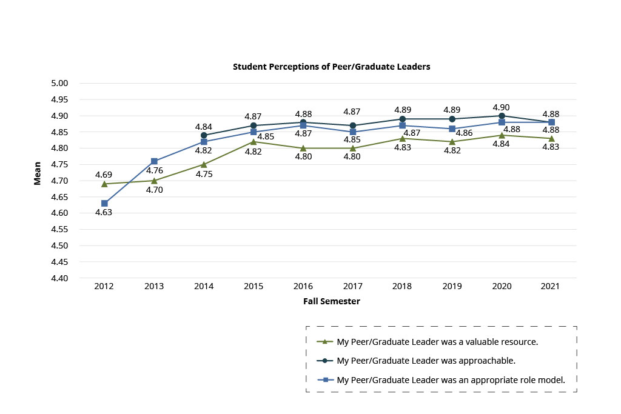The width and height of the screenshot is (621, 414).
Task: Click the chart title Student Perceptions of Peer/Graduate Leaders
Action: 331,67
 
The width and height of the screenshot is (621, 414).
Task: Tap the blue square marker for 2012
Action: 104,203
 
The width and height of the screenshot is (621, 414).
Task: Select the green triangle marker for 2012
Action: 104,184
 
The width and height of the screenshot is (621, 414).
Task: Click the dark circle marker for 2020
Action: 502,116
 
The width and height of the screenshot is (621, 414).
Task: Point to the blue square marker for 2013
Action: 154,161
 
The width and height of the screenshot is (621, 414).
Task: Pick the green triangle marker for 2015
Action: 253,142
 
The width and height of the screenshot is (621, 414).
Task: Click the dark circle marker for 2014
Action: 204,135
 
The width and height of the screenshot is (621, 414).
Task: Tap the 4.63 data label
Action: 104,212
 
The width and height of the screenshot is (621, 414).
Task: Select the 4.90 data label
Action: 502,107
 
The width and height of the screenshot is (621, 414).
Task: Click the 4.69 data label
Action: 104,175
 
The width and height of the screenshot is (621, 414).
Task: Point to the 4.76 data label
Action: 153,171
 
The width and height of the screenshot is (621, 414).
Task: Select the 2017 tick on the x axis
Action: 353,286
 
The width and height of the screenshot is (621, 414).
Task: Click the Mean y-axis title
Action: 38,173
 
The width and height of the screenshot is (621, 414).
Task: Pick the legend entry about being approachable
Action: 426,361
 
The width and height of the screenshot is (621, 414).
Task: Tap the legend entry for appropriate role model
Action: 451,380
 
